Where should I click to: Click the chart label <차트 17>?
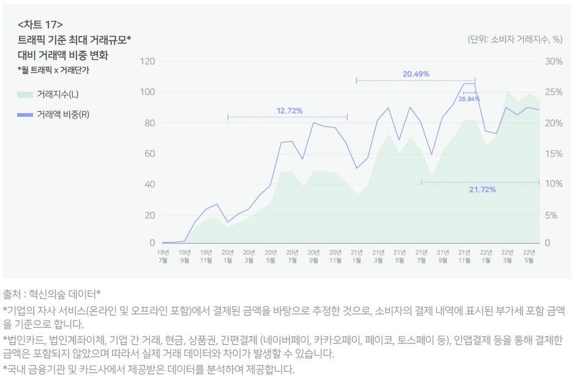tap(40, 25)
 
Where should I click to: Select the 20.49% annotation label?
tap(415, 74)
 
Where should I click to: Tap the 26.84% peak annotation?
tap(469, 98)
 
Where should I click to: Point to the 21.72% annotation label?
tap(482, 189)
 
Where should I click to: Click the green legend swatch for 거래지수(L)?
tap(24, 94)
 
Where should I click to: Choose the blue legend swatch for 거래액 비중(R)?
tap(24, 114)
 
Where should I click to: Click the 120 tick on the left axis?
tap(147, 61)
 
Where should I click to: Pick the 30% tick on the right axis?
tap(553, 61)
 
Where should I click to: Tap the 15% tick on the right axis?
tap(553, 153)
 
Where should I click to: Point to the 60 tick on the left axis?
tap(150, 153)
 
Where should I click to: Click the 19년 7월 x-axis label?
tap(163, 256)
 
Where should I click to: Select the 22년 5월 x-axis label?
tap(529, 256)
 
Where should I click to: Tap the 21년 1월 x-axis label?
tap(357, 256)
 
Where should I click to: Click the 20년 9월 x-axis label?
tap(314, 256)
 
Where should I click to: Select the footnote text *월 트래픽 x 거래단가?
tap(53, 70)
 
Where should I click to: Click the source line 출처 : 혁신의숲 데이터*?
tap(52, 293)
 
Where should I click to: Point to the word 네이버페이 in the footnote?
tap(285, 339)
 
